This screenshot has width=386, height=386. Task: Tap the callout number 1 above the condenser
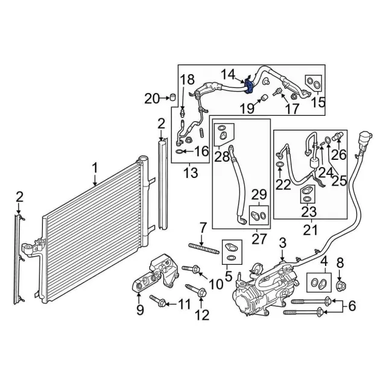(95, 169)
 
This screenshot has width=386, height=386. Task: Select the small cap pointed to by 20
(172, 97)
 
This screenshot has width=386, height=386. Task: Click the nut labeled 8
(341, 285)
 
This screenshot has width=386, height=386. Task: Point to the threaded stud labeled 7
(204, 248)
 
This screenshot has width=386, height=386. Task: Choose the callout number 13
(191, 172)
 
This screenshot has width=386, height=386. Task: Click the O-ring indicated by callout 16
(180, 151)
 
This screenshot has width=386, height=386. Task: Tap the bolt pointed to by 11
(157, 301)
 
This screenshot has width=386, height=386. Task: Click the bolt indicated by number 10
(191, 268)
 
